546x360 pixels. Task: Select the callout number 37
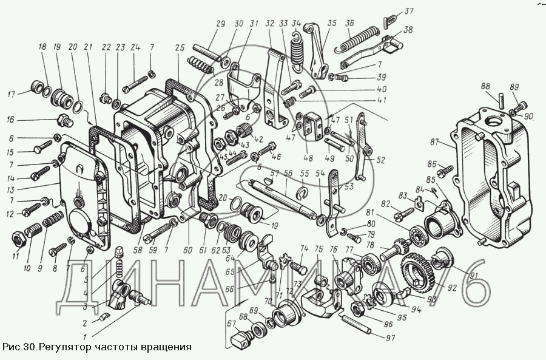point(409,10)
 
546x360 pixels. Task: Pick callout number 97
point(389,338)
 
